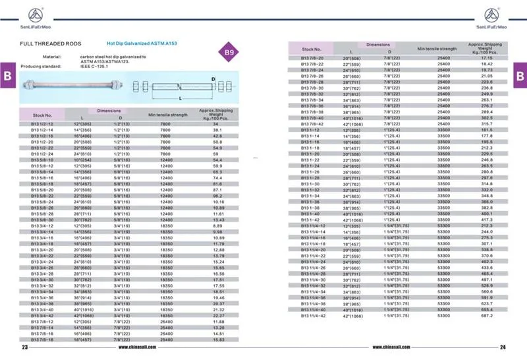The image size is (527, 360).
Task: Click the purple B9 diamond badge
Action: pyautogui.click(x=229, y=52)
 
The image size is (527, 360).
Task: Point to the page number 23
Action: pyautogui.click(x=24, y=347)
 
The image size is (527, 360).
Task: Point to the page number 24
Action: pyautogui.click(x=502, y=347)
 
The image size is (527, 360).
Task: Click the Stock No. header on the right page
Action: pyautogui.click(x=311, y=49)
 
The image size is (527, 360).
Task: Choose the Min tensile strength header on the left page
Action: pyautogui.click(x=168, y=115)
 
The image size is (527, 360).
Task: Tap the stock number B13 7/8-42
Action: pyautogui.click(x=312, y=124)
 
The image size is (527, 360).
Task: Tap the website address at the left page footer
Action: pyautogui.click(x=141, y=347)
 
